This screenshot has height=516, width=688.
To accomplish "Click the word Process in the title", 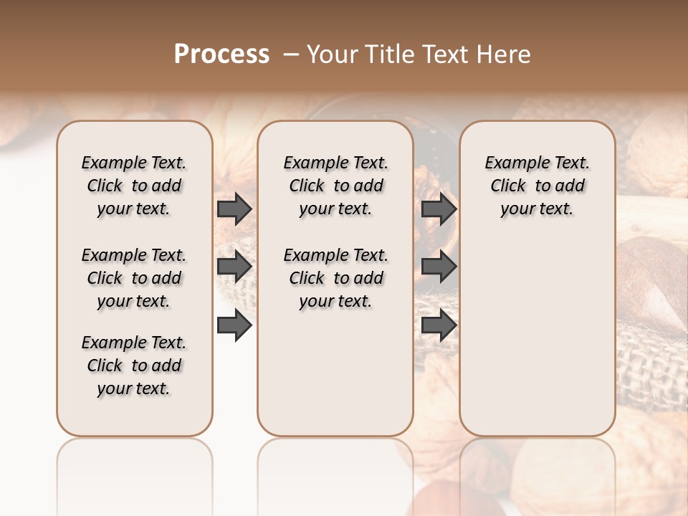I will click(221, 54).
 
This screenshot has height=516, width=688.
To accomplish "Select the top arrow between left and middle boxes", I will click(234, 209).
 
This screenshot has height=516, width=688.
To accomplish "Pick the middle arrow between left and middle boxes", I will click(234, 267).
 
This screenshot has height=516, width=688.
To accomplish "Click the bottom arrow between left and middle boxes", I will click(234, 325).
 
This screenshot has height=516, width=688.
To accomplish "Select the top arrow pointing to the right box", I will click(439, 209).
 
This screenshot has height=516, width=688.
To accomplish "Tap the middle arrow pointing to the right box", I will click(439, 267).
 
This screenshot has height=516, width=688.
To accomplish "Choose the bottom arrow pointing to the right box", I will click(439, 325).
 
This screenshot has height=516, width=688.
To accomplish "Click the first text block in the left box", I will click(134, 186).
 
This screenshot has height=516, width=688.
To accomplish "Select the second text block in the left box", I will click(134, 278).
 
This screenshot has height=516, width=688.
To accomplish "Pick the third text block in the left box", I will click(134, 365).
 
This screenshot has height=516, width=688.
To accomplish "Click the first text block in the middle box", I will click(335, 186).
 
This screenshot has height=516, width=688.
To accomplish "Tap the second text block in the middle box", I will click(335, 278).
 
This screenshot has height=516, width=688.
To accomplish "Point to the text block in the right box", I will click(537, 186).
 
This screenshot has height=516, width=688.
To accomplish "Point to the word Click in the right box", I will click(508, 186).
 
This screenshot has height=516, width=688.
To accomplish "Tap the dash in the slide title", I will click(291, 54).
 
